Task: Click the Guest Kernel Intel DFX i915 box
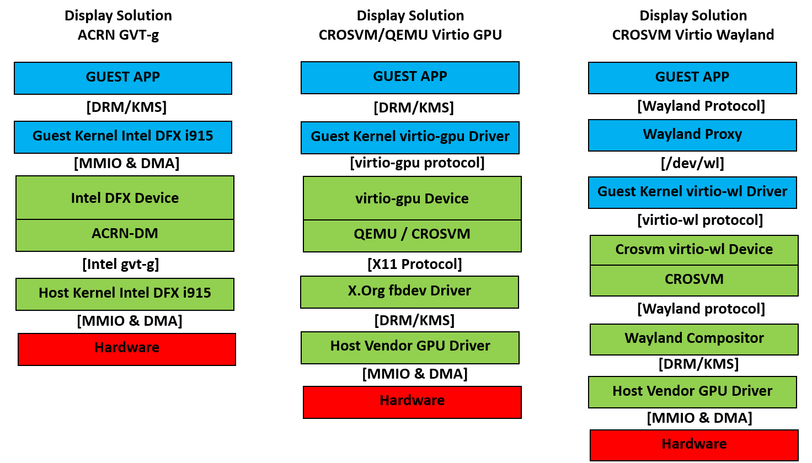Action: pos(122,137)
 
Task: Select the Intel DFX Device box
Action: pos(125,198)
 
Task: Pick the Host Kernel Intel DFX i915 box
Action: pos(125,294)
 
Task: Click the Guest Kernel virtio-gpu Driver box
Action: pos(410,137)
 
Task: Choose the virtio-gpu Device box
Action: pos(412,198)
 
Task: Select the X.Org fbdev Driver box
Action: pos(409,292)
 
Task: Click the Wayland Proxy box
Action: pos(692,135)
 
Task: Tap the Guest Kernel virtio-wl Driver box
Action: pos(692,192)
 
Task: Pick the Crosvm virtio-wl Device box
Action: pos(694,250)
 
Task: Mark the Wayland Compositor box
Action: pos(694,339)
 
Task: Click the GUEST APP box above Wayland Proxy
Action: pos(692,78)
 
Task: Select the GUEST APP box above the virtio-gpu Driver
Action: pos(410,77)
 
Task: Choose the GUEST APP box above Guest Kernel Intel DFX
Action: pos(122,78)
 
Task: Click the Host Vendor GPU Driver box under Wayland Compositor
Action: pos(692,392)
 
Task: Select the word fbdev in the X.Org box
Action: pos(405,291)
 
